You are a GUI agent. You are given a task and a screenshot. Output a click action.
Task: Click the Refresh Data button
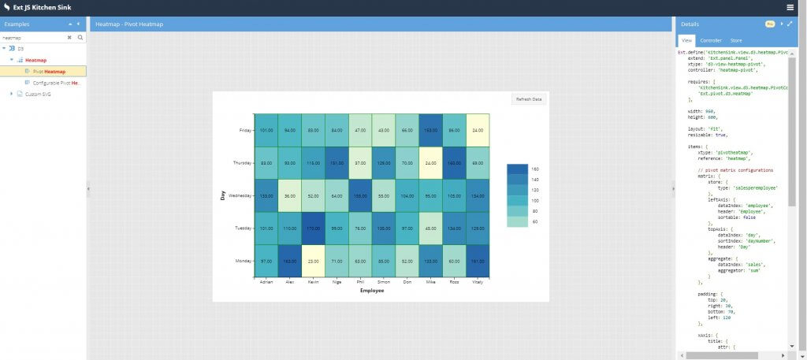click(529, 99)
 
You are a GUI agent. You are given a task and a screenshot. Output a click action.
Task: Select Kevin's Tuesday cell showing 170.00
click(313, 228)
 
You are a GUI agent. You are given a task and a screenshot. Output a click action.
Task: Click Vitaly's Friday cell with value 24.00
click(478, 130)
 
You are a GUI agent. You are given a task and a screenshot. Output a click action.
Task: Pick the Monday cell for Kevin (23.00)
click(313, 261)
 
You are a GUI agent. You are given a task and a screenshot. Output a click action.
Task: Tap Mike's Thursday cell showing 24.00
click(430, 163)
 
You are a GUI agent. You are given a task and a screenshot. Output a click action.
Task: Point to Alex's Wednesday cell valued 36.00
click(289, 195)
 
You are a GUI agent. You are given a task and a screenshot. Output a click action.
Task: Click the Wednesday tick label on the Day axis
click(238, 195)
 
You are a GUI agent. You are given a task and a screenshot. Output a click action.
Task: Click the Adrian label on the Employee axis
click(266, 282)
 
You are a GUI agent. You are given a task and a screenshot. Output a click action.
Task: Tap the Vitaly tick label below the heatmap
click(478, 282)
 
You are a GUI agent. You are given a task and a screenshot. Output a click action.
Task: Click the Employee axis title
click(372, 291)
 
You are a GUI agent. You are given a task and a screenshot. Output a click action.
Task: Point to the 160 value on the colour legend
click(535, 169)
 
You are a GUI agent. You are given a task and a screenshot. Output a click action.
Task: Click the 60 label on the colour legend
click(535, 222)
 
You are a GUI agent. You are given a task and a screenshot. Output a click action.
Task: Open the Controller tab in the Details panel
click(711, 40)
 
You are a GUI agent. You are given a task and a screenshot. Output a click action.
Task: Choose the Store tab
click(735, 40)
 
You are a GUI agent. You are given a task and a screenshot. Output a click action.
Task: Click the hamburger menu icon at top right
click(790, 7)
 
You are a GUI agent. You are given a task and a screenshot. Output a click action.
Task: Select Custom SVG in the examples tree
click(37, 94)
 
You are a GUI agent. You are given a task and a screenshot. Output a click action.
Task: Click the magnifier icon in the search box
click(80, 37)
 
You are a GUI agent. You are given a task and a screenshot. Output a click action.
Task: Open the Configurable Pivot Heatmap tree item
click(55, 83)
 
